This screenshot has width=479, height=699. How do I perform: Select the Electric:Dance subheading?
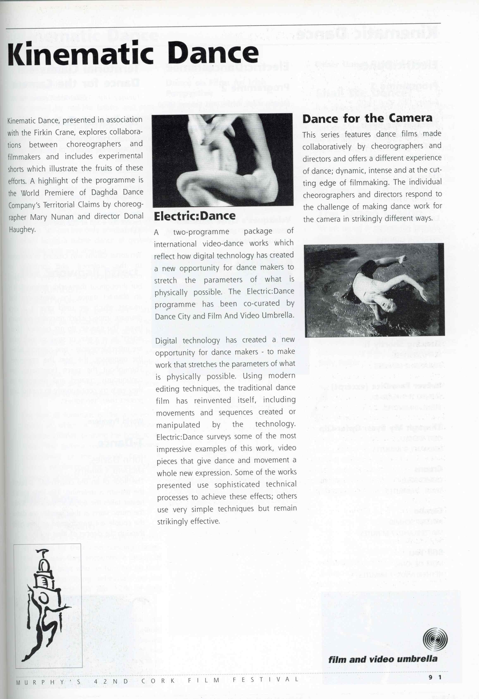(195, 216)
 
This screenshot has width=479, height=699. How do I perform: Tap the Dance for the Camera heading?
(367, 118)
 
